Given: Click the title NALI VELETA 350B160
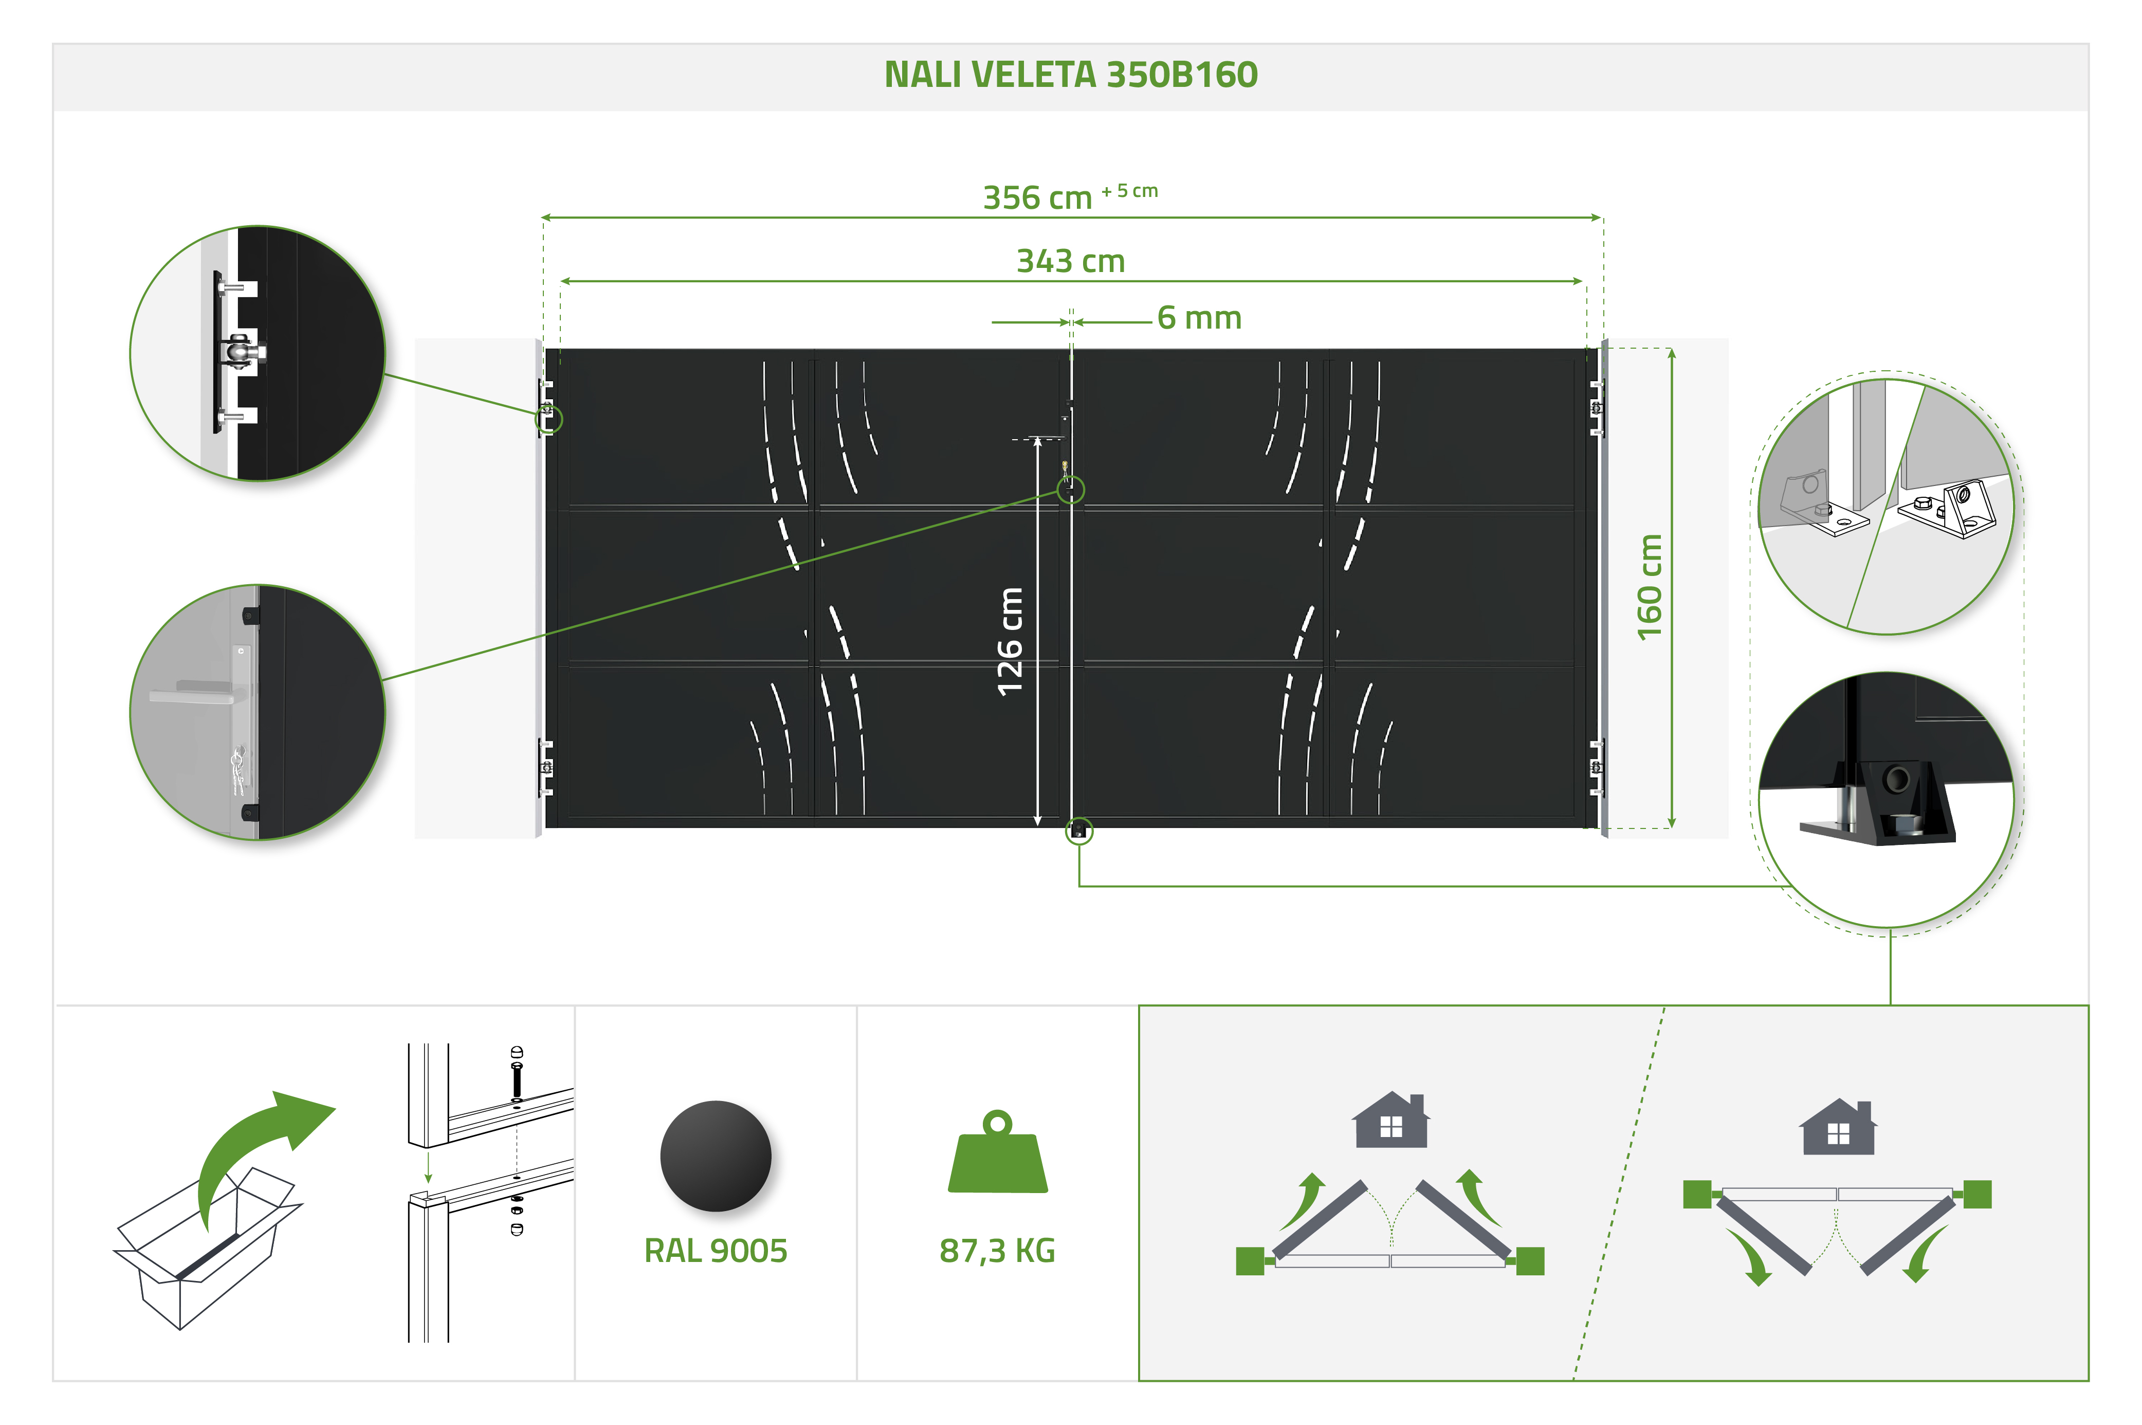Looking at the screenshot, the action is point(1071,75).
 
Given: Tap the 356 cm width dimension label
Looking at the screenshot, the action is point(1037,197).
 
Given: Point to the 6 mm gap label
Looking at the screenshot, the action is point(1199,318).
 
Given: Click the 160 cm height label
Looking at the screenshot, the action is point(1650,587).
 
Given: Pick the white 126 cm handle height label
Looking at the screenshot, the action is point(1010,642).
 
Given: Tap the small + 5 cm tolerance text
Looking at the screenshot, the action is point(1130,191).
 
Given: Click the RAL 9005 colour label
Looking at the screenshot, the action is point(716,1251).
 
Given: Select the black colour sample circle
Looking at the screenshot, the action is point(716,1156).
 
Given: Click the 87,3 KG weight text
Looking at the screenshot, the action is point(997,1251).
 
